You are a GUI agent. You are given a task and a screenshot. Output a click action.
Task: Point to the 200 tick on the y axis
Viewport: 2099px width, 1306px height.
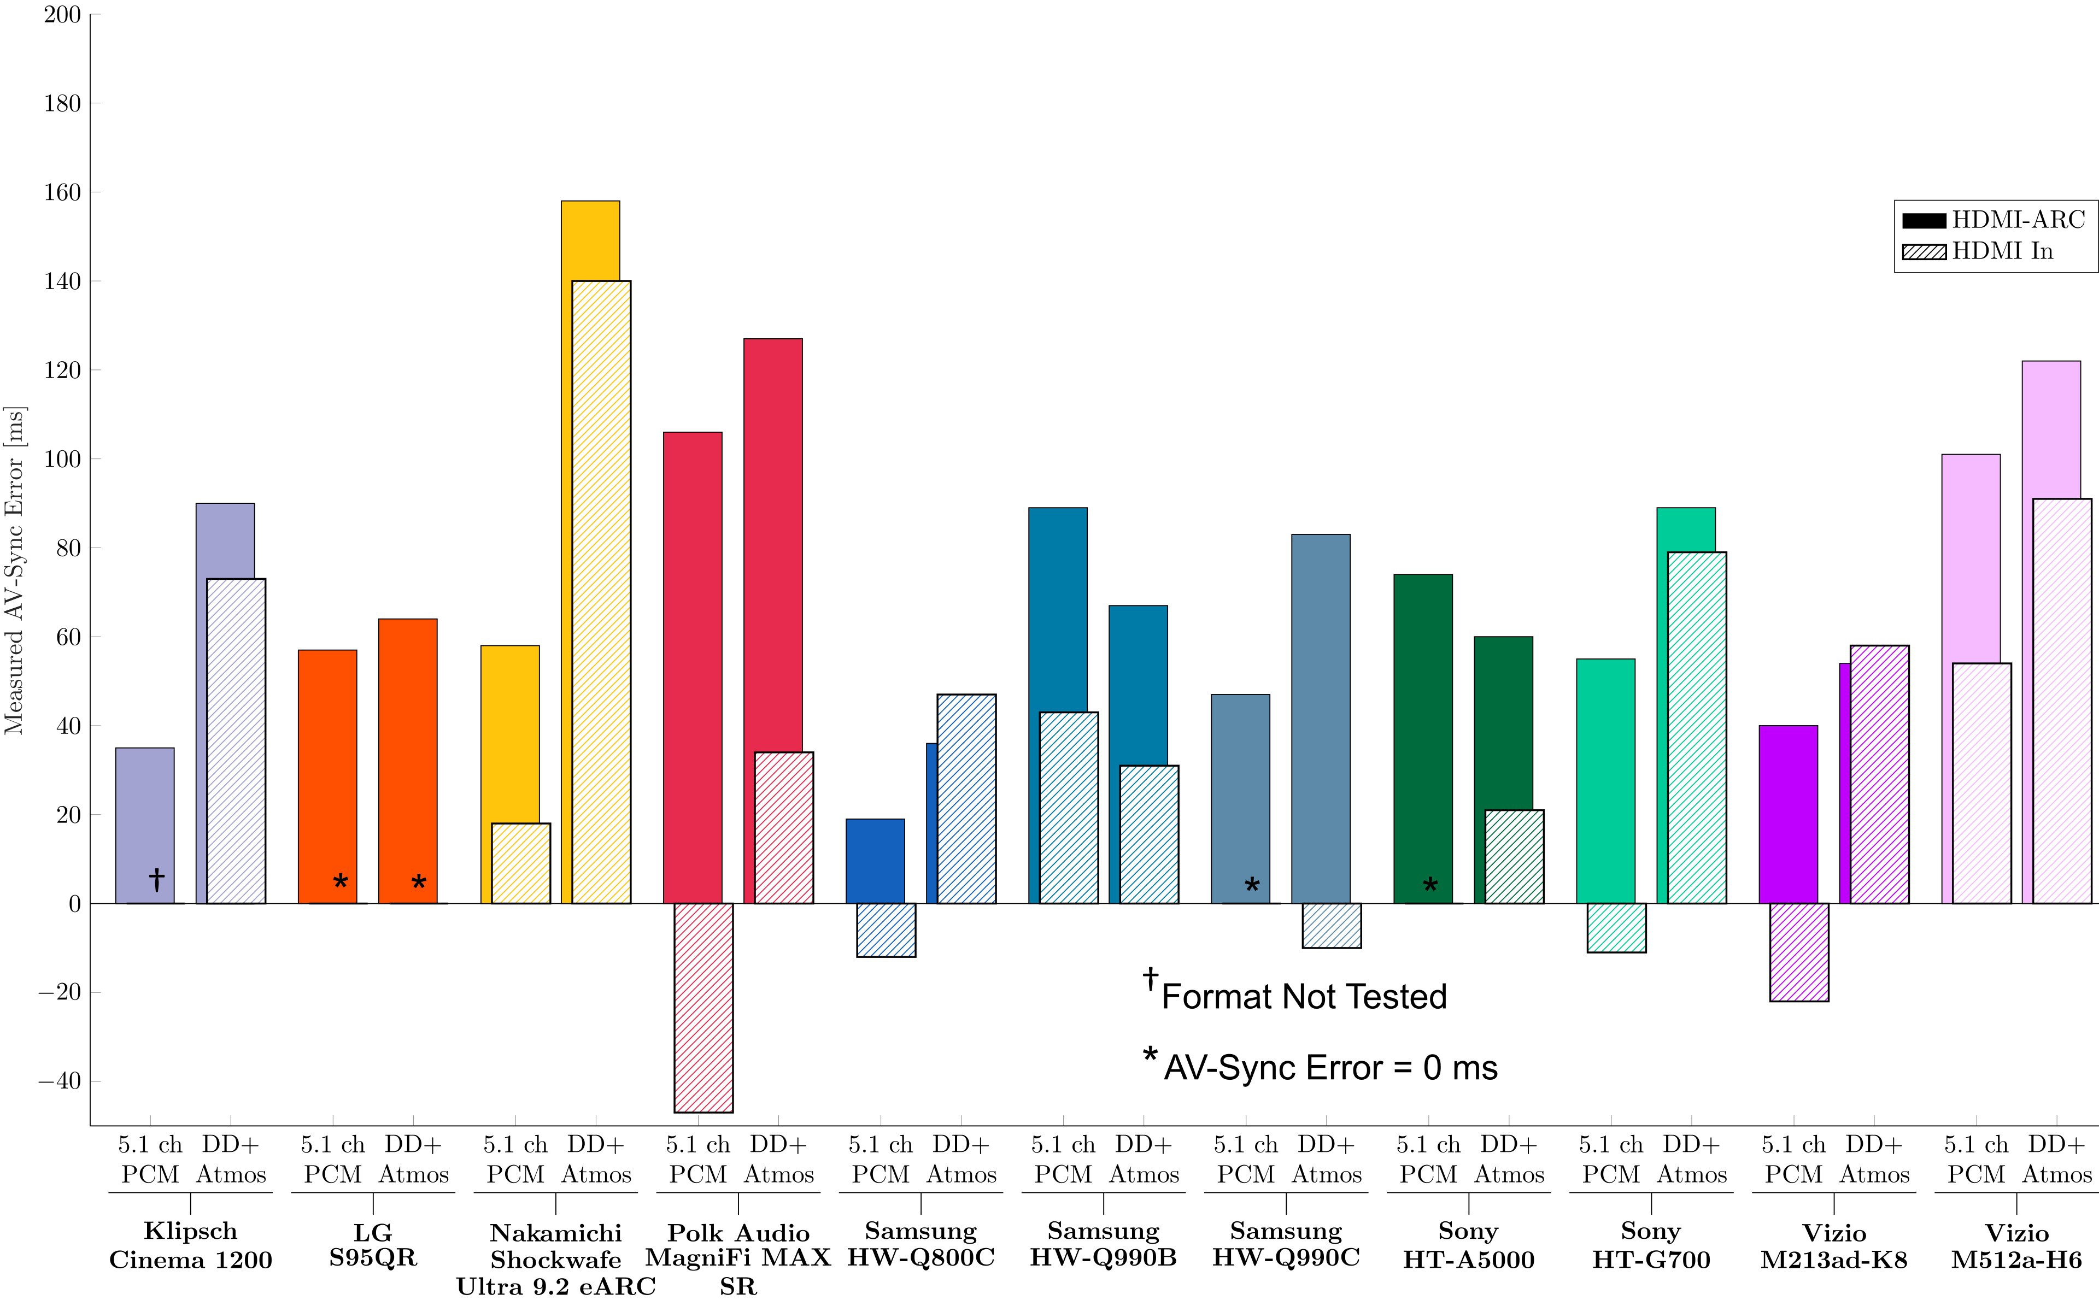click(x=62, y=15)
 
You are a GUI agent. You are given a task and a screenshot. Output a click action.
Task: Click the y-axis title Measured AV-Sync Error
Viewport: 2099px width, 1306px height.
click(x=15, y=570)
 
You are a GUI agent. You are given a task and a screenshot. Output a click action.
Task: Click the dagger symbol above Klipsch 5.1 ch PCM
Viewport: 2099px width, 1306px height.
click(x=156, y=879)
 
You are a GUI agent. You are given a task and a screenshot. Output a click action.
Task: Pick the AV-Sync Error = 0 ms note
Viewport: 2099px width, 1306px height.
click(x=1330, y=1068)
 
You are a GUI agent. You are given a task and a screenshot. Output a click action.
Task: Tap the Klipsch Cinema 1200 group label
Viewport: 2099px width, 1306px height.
click(x=190, y=1245)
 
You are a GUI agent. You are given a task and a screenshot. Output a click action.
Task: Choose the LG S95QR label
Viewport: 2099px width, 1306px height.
click(x=373, y=1245)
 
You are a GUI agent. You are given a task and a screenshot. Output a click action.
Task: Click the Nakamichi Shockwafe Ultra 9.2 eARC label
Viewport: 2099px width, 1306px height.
click(x=555, y=1260)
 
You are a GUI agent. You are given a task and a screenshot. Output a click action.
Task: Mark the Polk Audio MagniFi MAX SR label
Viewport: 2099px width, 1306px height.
click(x=738, y=1260)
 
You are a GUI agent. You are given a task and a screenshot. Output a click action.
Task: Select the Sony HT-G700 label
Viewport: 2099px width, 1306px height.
click(x=1651, y=1245)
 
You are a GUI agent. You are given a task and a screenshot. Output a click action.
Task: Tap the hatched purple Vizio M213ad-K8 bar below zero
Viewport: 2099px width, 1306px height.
click(x=1799, y=952)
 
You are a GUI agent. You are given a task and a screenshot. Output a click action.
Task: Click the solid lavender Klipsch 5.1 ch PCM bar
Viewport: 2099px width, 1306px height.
click(x=144, y=821)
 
